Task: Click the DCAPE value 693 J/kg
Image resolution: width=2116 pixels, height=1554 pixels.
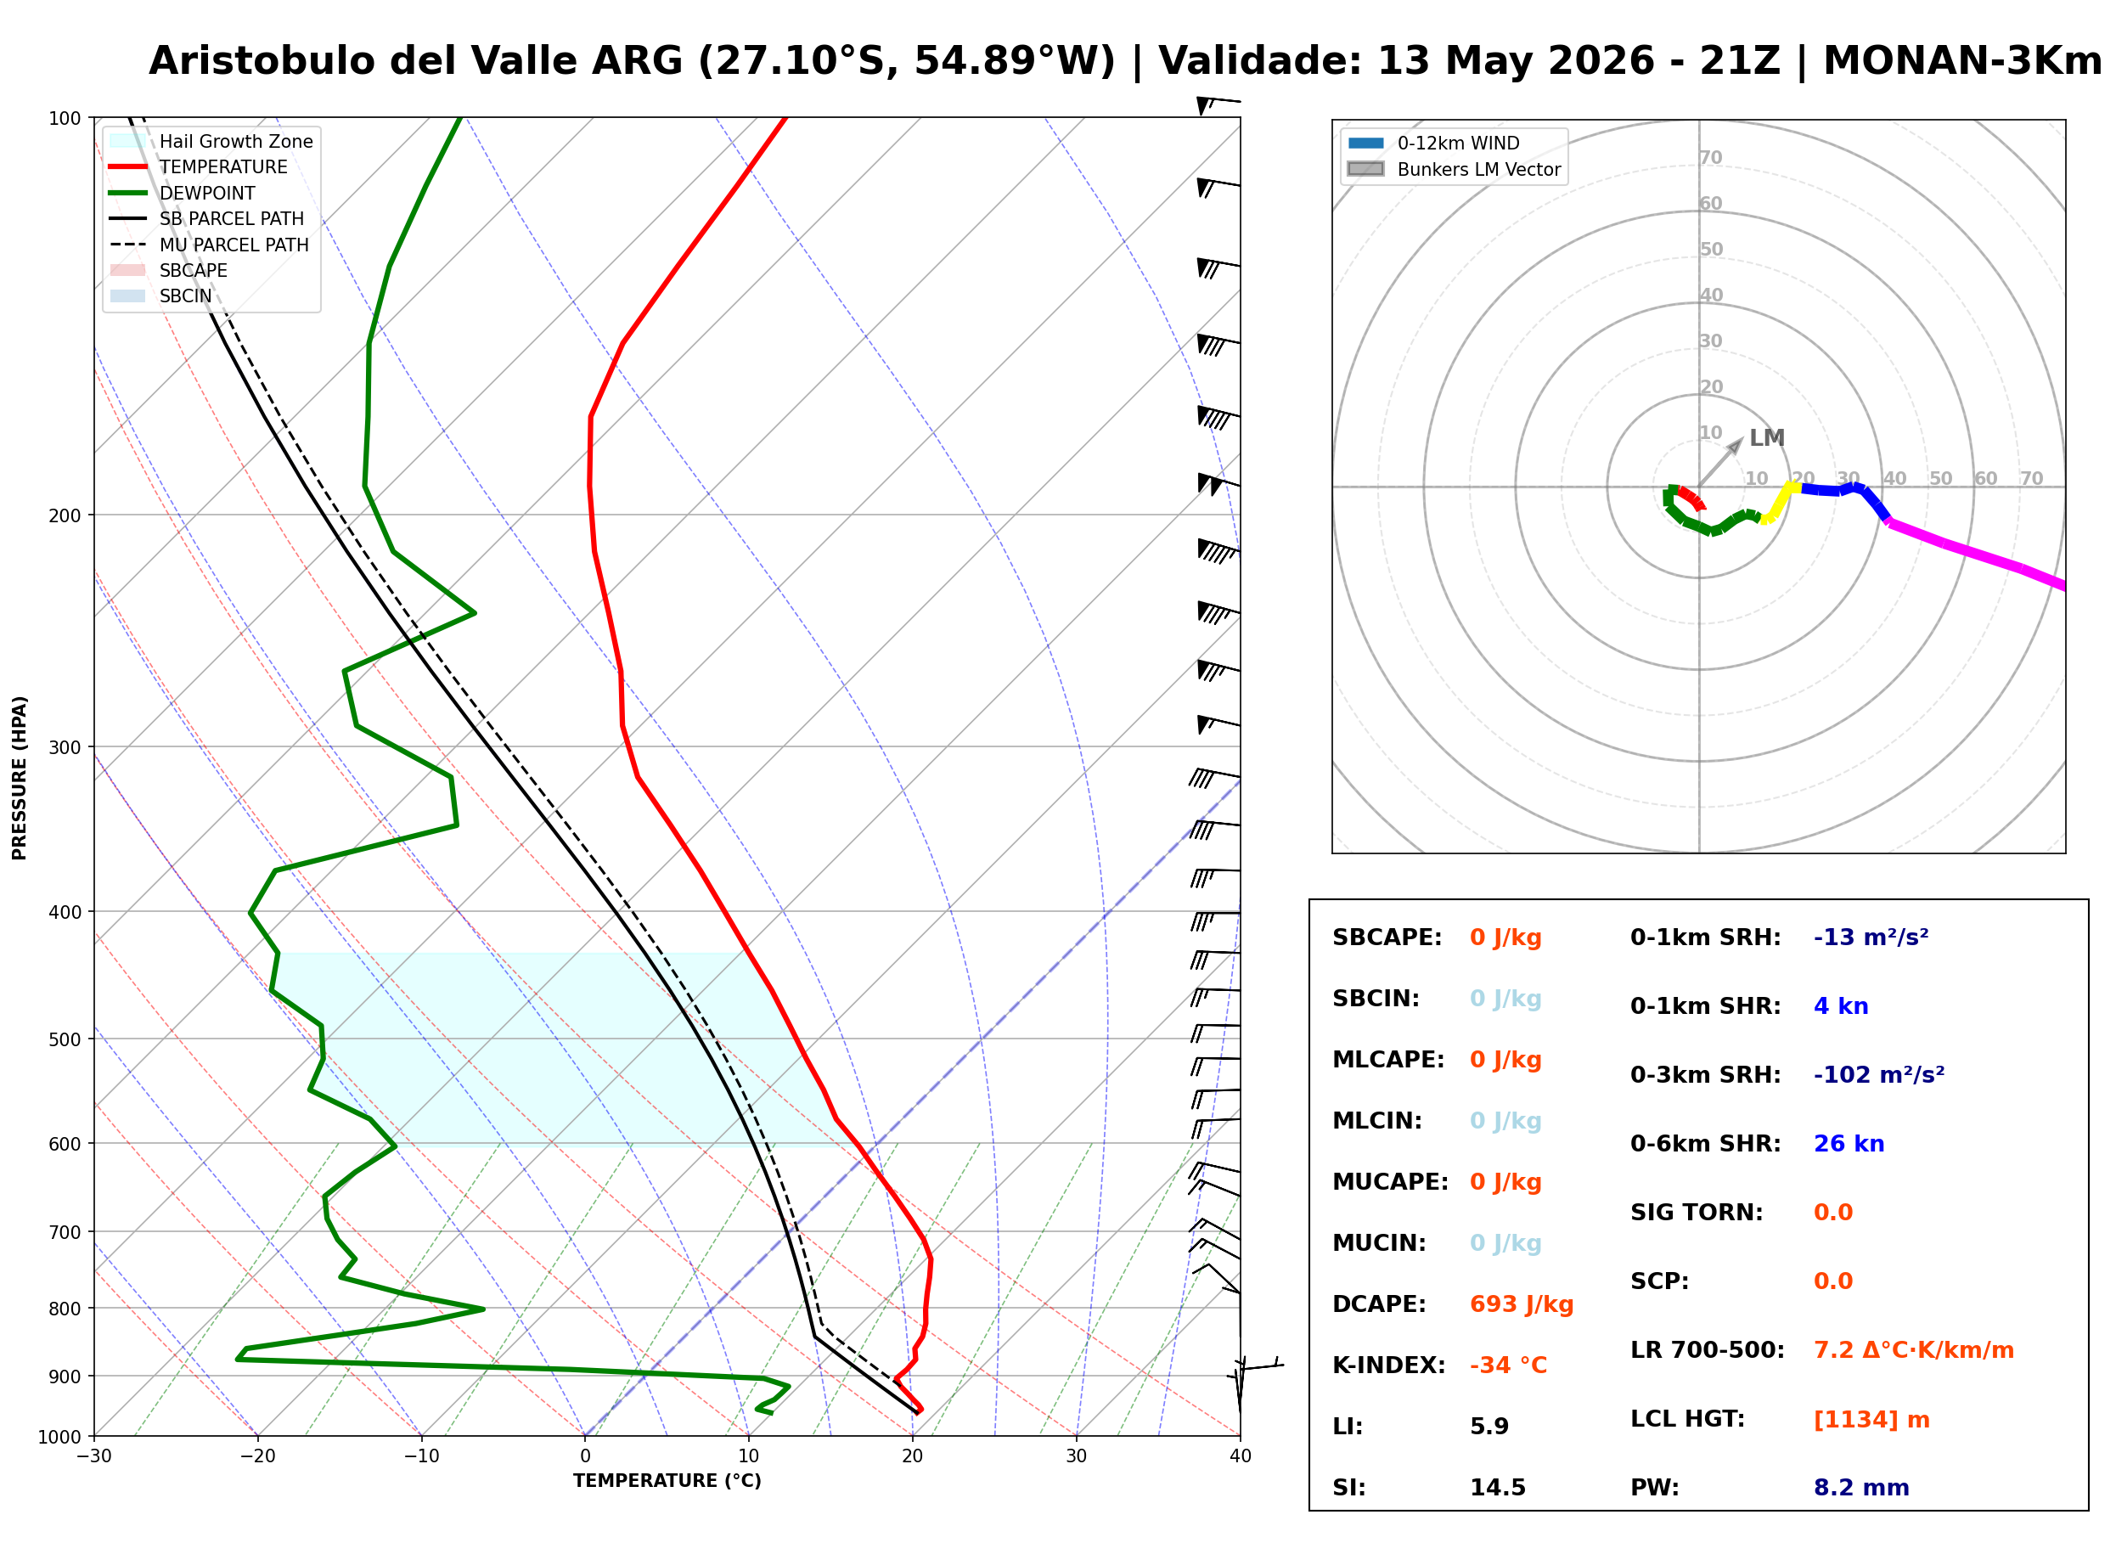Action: [x=1521, y=1303]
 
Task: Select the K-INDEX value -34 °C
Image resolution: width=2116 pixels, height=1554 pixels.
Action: [x=1507, y=1365]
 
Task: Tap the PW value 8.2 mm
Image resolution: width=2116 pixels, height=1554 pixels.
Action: [x=1861, y=1487]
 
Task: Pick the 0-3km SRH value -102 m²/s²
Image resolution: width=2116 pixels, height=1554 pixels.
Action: [x=1879, y=1074]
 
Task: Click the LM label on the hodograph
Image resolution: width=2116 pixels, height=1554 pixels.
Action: [x=1766, y=438]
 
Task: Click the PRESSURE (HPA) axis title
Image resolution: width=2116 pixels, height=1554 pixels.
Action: [x=20, y=778]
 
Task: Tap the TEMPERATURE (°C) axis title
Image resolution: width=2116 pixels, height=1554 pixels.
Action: [x=667, y=1481]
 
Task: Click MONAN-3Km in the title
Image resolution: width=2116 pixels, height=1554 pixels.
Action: [x=1962, y=61]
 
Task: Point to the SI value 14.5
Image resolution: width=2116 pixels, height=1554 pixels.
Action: [x=1498, y=1487]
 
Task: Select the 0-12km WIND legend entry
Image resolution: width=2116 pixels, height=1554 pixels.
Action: [x=1433, y=143]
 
